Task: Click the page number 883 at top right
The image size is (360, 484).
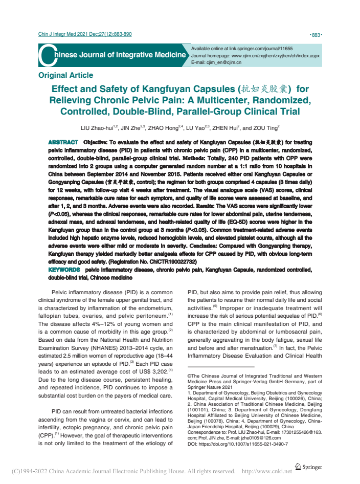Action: (x=316, y=35)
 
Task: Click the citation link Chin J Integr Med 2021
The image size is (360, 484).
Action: (x=85, y=34)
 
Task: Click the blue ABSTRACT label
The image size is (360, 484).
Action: (x=62, y=142)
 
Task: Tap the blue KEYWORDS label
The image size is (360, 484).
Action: (x=63, y=269)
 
